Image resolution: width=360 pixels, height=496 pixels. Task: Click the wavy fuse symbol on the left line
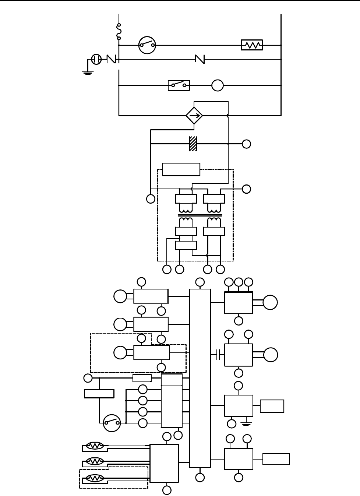coord(119,32)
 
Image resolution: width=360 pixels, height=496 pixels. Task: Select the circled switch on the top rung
coord(147,45)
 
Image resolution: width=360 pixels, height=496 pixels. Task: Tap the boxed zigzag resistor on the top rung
coord(252,45)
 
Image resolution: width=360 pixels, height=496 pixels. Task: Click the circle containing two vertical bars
coord(96,59)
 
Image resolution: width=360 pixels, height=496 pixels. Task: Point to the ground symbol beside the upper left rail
coord(87,72)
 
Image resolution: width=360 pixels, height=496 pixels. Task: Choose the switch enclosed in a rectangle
coord(179,85)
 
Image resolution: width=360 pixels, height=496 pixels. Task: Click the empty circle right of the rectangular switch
coord(218,85)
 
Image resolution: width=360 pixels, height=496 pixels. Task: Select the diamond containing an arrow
coord(194,116)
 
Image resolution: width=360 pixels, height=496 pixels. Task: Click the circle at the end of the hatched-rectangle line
coord(247,144)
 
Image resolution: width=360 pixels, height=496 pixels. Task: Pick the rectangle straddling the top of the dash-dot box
coord(181,169)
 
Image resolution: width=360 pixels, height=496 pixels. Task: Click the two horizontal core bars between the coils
coord(200,215)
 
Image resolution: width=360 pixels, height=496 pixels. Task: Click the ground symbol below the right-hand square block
coord(246,423)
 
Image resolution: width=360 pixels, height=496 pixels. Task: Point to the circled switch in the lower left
coord(112,423)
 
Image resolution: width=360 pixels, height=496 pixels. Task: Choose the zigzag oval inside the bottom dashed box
coord(95,479)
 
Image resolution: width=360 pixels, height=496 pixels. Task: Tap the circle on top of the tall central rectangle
coord(200,282)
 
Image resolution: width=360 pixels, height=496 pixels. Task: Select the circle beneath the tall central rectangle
coord(200,478)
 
